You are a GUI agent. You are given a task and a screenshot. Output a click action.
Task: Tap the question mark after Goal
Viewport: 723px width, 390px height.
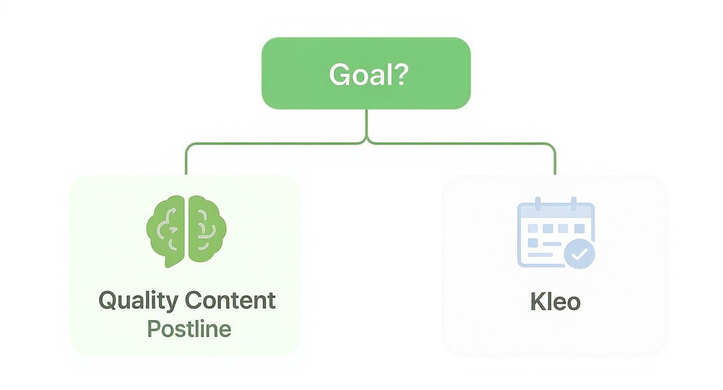[399, 74]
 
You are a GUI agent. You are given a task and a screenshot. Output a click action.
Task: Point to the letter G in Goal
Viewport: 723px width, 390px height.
[340, 75]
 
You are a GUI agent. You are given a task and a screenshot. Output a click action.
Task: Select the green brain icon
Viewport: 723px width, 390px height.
[186, 230]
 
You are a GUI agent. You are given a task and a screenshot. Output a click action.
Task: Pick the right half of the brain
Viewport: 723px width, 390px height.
[206, 229]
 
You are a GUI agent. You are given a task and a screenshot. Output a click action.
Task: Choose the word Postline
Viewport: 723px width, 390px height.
[189, 329]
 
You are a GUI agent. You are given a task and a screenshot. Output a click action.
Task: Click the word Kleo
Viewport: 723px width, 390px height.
[555, 301]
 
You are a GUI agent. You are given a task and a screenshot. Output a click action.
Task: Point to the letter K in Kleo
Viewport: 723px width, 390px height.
[537, 301]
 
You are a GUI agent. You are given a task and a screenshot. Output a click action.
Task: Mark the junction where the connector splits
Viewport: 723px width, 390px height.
[367, 141]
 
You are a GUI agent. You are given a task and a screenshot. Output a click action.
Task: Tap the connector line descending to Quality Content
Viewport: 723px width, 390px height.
[185, 161]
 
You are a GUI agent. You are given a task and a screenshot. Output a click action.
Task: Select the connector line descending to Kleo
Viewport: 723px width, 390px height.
[555, 161]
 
